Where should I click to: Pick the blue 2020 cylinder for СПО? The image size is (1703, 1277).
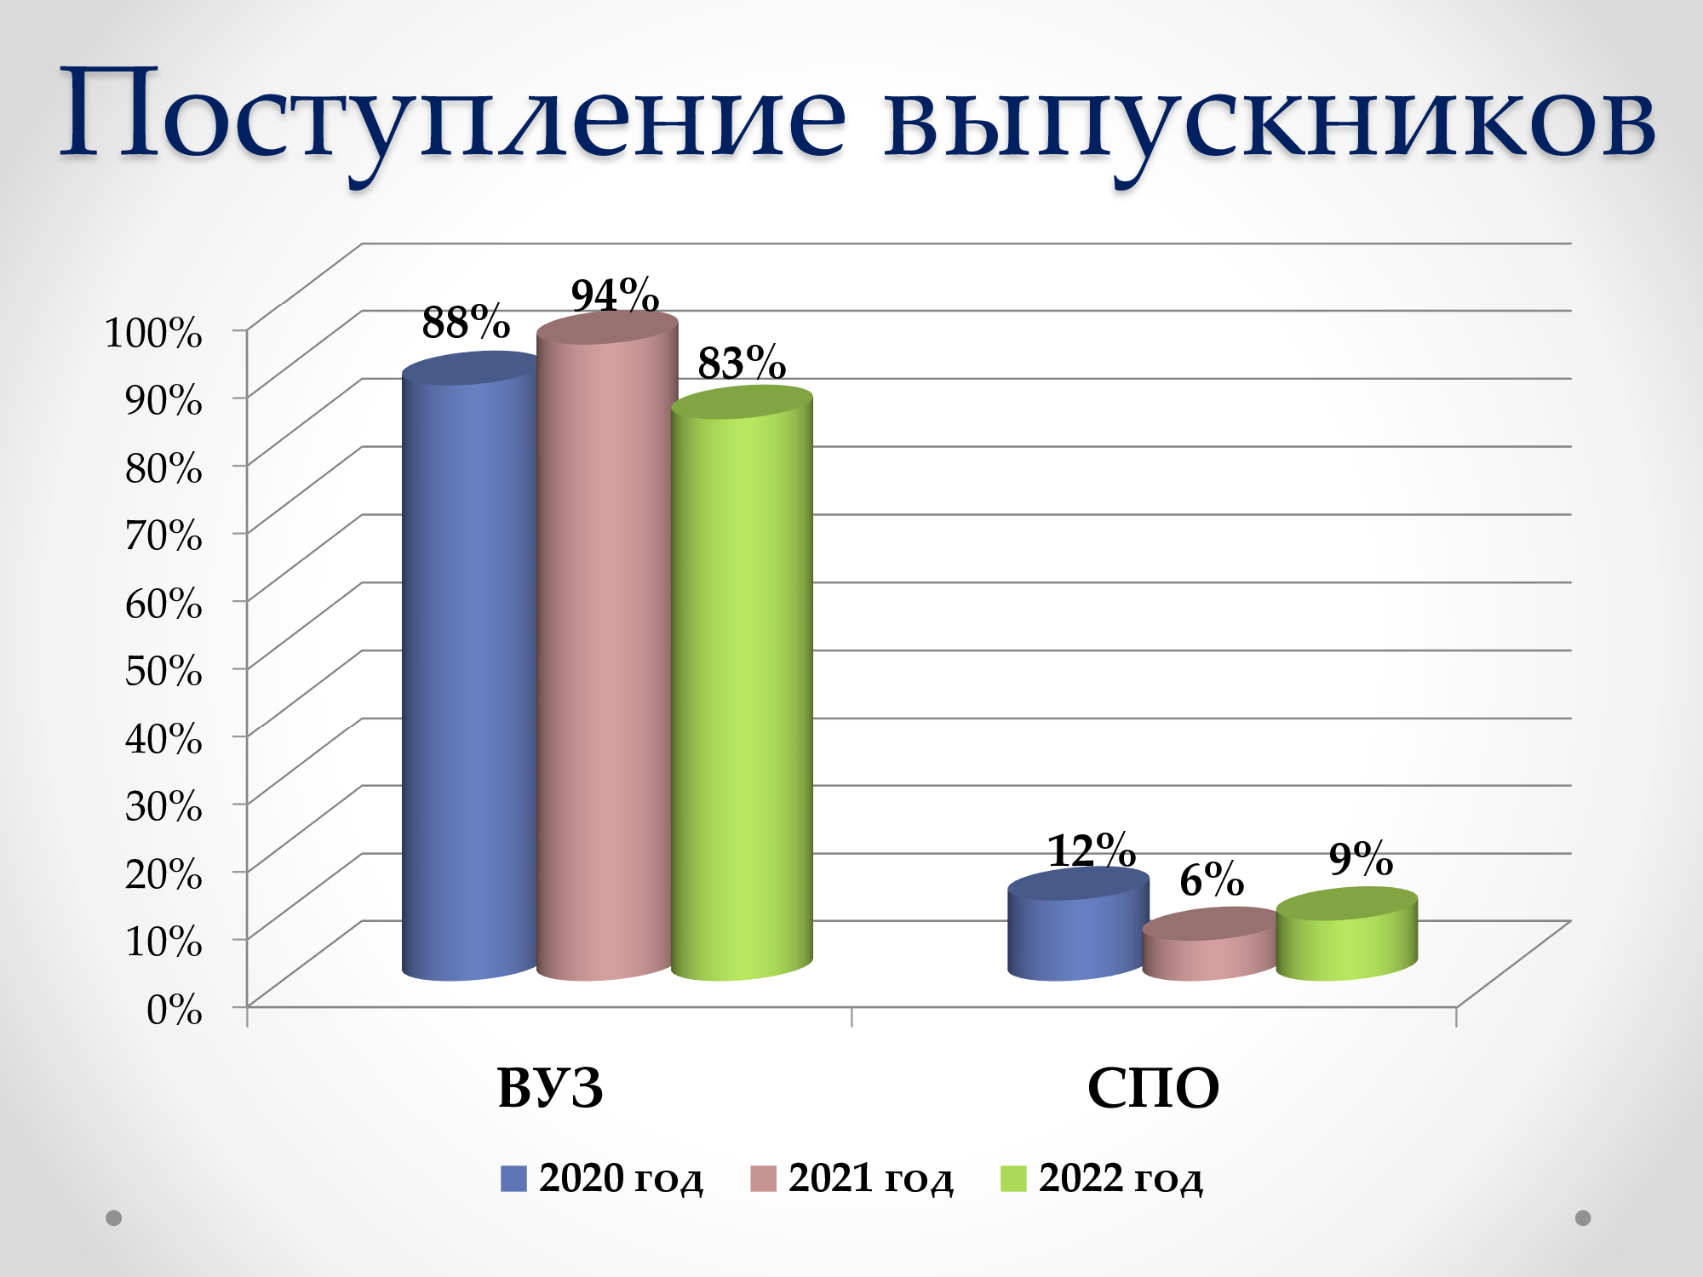coord(1077,925)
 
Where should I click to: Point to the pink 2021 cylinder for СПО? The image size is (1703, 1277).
coord(1211,944)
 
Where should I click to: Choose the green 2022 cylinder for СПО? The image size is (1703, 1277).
coord(1347,934)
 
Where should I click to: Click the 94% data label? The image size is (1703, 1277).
coord(615,295)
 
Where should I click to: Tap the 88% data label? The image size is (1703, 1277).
coord(466,322)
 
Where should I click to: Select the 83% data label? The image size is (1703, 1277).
coord(742,363)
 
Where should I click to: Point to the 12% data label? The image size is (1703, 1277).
coord(1092,850)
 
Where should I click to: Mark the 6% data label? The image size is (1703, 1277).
coord(1212,879)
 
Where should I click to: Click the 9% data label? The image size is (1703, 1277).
coord(1361,858)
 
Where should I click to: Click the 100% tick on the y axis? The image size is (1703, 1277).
coord(153,332)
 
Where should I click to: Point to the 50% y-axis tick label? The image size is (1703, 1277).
coord(163,671)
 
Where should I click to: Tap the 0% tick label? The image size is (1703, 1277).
coord(175,1010)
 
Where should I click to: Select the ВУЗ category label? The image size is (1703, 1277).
coord(550,1088)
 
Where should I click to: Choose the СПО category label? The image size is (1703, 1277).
coord(1153,1088)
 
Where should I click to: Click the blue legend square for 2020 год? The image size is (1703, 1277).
coord(513,1179)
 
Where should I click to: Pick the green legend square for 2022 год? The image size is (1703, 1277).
coord(1013,1179)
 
